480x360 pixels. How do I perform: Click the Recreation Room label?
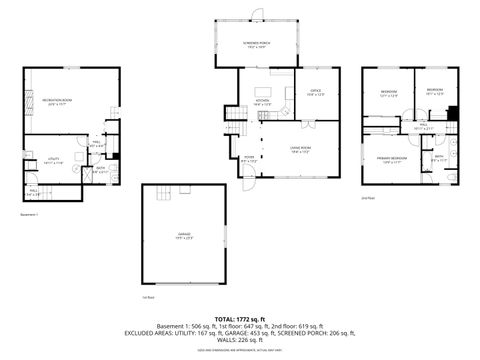click(x=56, y=102)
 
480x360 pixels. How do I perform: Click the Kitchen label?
click(x=262, y=102)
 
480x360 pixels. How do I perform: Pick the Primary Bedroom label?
click(x=391, y=160)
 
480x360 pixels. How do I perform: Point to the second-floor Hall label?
click(x=424, y=127)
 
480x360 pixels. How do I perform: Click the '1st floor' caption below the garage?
click(x=147, y=298)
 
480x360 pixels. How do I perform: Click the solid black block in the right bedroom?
click(x=453, y=113)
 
